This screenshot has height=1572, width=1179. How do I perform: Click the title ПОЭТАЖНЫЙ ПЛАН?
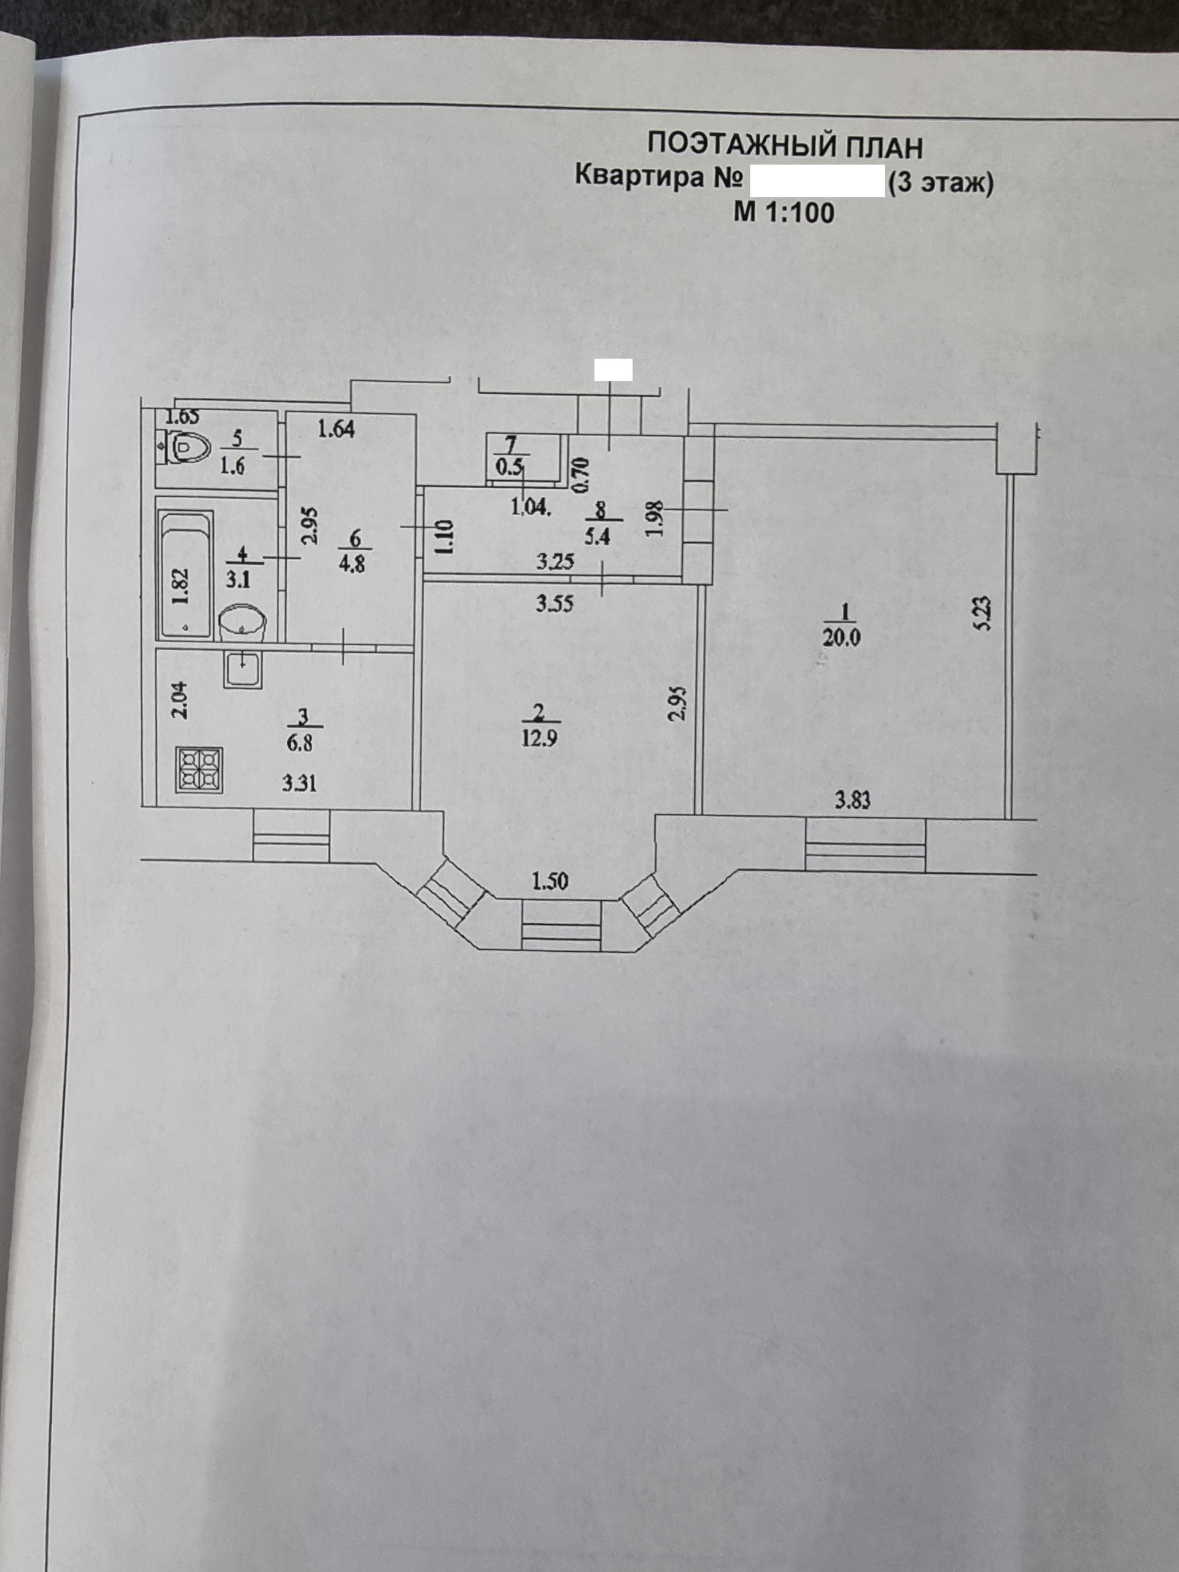tap(785, 146)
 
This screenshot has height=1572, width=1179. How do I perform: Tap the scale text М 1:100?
tap(784, 212)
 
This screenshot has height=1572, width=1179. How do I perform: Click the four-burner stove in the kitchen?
tap(200, 771)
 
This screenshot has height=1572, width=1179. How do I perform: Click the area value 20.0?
tap(841, 637)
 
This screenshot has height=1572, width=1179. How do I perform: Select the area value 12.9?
tap(539, 738)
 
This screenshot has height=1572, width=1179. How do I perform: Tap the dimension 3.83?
tap(852, 801)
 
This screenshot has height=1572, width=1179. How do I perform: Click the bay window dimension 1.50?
tap(550, 881)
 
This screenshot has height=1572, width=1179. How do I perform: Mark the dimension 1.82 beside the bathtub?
tap(181, 586)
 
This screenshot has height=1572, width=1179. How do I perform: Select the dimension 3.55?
tap(554, 604)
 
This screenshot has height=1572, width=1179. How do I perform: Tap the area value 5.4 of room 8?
tap(597, 535)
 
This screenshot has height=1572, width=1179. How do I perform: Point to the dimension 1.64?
tap(336, 429)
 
